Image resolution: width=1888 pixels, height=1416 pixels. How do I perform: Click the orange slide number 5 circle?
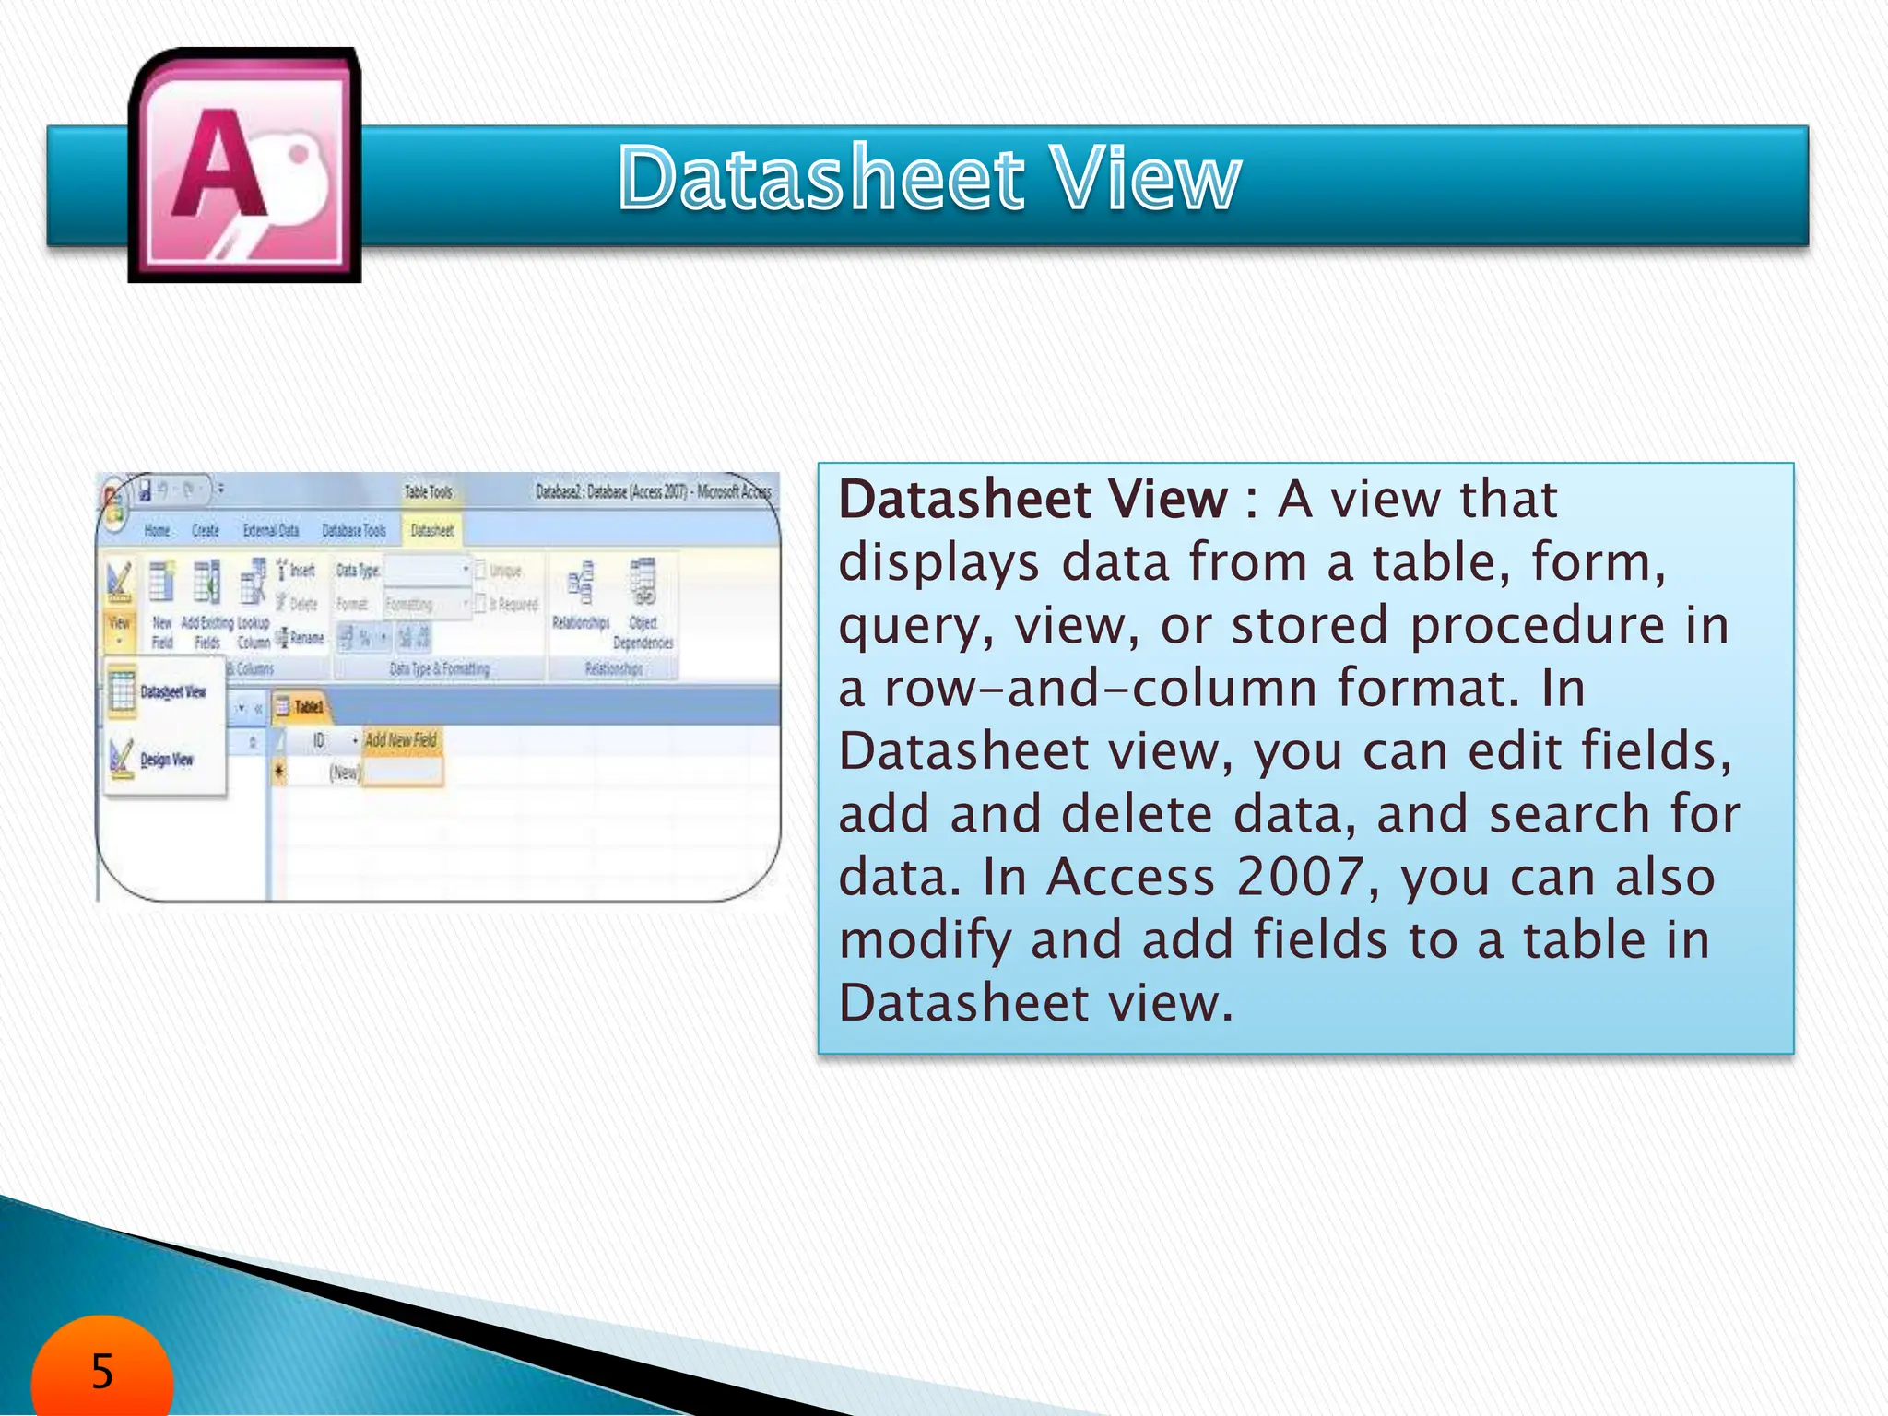(101, 1371)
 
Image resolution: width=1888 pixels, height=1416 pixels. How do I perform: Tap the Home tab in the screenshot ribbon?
(158, 530)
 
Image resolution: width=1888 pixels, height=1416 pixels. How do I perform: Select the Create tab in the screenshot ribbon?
(205, 530)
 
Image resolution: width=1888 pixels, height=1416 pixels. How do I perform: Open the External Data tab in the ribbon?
(271, 530)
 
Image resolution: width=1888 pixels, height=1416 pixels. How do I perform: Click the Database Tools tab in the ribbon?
(353, 530)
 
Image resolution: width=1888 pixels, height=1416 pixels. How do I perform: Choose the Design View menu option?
(166, 760)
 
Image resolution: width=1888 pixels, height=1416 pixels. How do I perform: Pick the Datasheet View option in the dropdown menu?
(172, 691)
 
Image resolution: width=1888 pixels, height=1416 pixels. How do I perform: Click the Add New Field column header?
(401, 739)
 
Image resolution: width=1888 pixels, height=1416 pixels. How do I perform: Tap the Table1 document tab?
(308, 707)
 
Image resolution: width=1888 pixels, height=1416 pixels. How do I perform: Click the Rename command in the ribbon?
(304, 637)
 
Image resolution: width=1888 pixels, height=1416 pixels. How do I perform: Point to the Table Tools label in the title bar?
(428, 492)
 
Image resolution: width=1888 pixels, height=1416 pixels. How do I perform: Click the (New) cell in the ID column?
(345, 773)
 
